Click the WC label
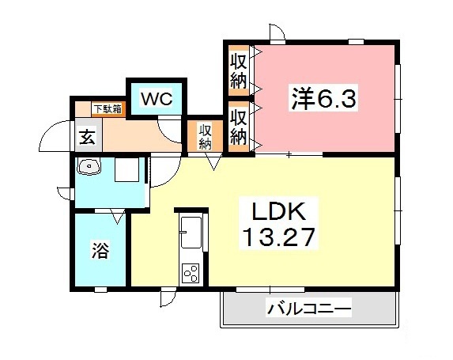pyautogui.click(x=157, y=99)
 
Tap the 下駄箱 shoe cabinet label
pyautogui.click(x=107, y=108)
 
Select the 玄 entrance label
pyautogui.click(x=87, y=136)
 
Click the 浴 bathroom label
pyautogui.click(x=100, y=252)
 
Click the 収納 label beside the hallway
pyautogui.click(x=205, y=137)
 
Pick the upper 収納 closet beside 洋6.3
pyautogui.click(x=238, y=69)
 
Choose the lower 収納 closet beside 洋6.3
pyautogui.click(x=238, y=126)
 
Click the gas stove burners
pyautogui.click(x=191, y=272)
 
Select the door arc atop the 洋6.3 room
pyautogui.click(x=277, y=32)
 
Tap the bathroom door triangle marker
pyautogui.click(x=119, y=216)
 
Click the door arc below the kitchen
pyautogui.click(x=168, y=297)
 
